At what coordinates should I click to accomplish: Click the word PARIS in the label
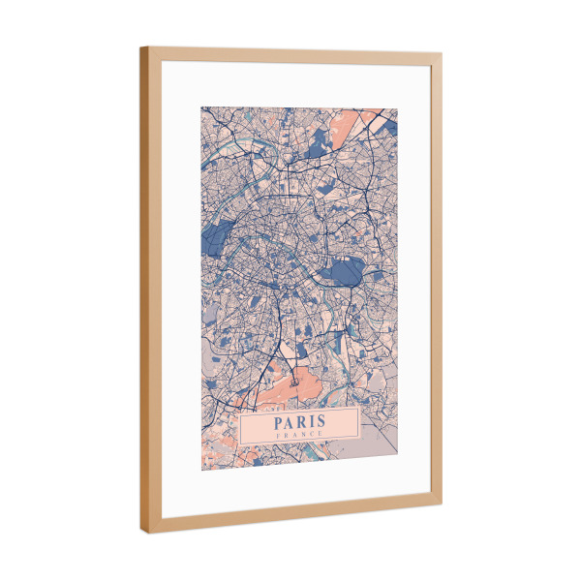pyautogui.click(x=299, y=421)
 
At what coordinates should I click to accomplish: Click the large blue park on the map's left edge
pyautogui.click(x=219, y=236)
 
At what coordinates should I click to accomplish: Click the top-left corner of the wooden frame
pyautogui.click(x=141, y=47)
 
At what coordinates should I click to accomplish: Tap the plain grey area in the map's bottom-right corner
pyautogui.click(x=382, y=441)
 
